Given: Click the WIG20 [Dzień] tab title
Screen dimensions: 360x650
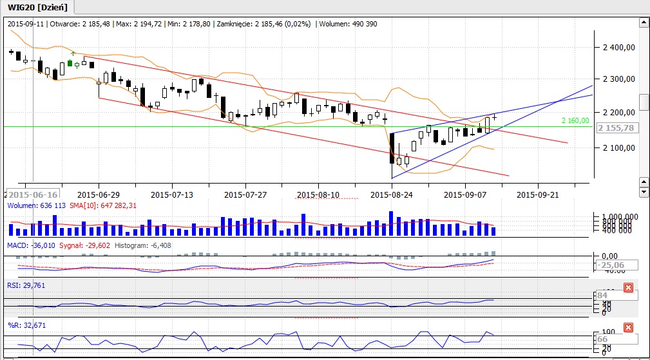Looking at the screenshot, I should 37,7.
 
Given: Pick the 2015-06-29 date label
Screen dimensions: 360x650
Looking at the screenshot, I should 98,194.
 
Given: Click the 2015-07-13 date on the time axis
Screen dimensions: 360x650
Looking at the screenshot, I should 172,194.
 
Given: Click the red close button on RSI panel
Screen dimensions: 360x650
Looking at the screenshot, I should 629,288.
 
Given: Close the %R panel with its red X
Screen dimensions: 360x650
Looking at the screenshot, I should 629,328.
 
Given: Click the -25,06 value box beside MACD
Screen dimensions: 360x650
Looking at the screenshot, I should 615,265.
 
